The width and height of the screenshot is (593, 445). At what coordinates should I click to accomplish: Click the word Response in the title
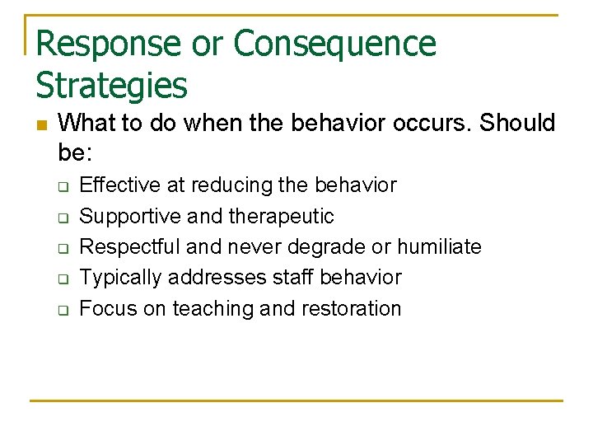[x=108, y=43]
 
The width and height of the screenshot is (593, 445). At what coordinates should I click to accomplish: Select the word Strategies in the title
[x=112, y=85]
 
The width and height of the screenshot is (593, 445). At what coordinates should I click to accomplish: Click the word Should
[x=517, y=124]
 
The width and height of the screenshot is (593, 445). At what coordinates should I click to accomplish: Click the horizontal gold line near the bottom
[x=296, y=401]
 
